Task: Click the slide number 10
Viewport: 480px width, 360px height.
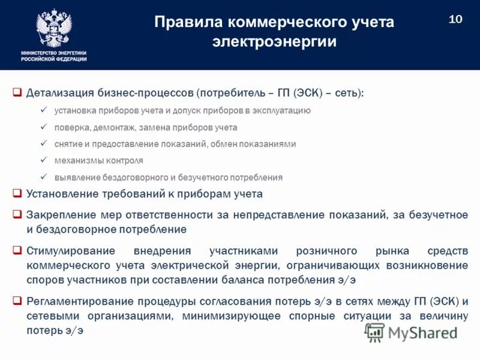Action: point(455,19)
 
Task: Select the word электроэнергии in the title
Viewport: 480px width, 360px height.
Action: point(274,42)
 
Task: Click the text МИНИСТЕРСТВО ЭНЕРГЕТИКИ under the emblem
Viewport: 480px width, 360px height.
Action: point(54,53)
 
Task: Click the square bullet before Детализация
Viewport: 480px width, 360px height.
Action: point(17,94)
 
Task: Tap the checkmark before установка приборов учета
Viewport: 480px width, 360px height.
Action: point(43,110)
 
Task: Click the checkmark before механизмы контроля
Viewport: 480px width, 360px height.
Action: point(43,161)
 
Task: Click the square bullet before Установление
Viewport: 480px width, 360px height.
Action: point(17,194)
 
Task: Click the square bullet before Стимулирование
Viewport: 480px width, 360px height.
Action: point(17,250)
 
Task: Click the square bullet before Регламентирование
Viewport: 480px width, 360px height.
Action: point(17,301)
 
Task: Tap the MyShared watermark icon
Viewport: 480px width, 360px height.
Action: point(375,332)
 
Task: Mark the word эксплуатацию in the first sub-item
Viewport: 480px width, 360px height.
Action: point(281,110)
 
